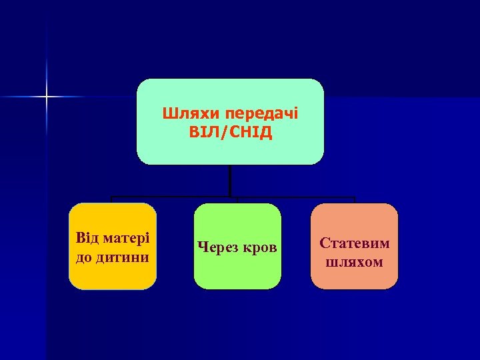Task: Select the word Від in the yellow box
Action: click(89, 238)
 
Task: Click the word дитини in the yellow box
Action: click(125, 256)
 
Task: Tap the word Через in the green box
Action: click(217, 247)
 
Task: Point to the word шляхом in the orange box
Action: click(354, 261)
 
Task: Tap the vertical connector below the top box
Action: click(230, 180)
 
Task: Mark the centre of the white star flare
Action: click(47, 97)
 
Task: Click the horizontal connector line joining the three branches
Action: click(173, 197)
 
